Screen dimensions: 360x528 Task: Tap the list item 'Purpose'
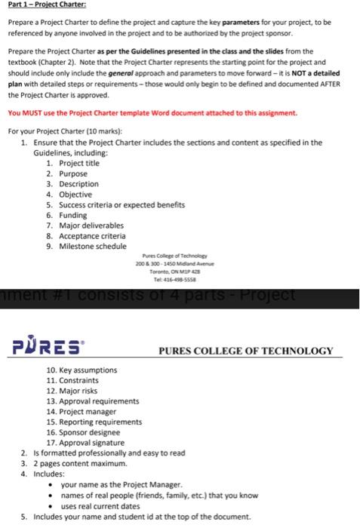pos(67,173)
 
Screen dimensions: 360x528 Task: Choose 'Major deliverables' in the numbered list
pos(84,225)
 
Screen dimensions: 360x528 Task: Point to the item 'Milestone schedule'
pos(85,246)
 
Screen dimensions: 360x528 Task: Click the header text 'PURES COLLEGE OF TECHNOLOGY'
pos(246,351)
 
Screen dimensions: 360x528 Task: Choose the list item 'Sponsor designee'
pos(83,433)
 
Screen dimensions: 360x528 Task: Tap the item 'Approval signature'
pos(85,443)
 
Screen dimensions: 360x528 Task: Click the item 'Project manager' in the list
pos(82,412)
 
